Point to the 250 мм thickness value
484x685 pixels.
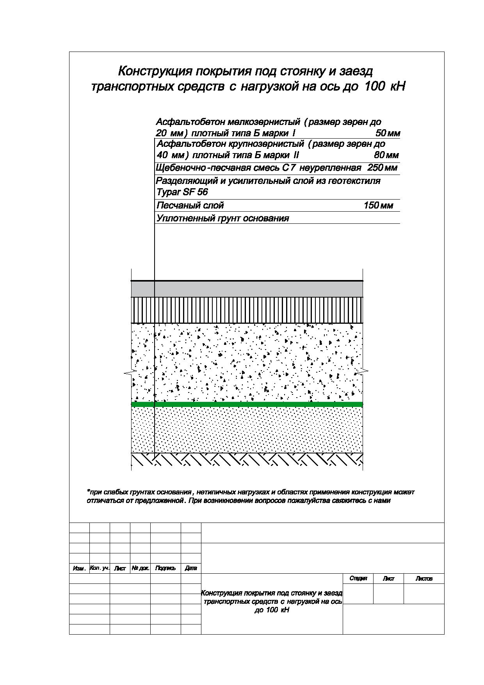pyautogui.click(x=382, y=168)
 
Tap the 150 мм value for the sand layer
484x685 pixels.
pyautogui.click(x=378, y=205)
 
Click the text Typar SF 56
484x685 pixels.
pyautogui.click(x=182, y=192)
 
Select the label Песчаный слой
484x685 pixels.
pyautogui.click(x=190, y=205)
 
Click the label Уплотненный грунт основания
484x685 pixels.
pyautogui.click(x=222, y=218)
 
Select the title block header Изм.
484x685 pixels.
pyautogui.click(x=79, y=569)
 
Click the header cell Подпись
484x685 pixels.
pyautogui.click(x=165, y=568)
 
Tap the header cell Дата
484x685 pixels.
pyautogui.click(x=191, y=568)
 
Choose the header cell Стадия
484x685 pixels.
pyautogui.click(x=358, y=578)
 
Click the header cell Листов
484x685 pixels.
pyautogui.click(x=424, y=578)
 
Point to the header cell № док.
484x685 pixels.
pyautogui.click(x=140, y=568)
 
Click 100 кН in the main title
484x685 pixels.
pyautogui.click(x=384, y=86)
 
